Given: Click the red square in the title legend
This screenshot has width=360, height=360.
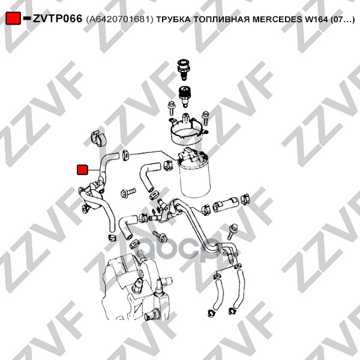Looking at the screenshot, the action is [x=13, y=18].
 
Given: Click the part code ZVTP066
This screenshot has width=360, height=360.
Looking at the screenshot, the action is [x=58, y=19].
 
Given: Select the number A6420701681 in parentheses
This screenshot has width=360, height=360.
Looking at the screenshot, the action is [x=119, y=20].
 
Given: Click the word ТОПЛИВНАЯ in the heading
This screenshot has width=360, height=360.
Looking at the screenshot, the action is [x=222, y=20].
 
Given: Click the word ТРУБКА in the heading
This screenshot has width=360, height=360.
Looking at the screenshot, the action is [x=173, y=20].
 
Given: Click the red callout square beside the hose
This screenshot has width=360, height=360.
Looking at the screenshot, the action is [x=82, y=170].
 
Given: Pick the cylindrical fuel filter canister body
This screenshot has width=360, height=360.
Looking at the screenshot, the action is [x=195, y=179].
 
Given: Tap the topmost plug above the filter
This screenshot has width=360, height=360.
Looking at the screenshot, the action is [x=184, y=70].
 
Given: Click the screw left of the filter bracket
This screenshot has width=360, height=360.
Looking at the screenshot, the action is [x=170, y=107].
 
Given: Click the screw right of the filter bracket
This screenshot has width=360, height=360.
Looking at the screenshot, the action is [x=205, y=118].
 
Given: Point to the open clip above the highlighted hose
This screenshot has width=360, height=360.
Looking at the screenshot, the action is [x=98, y=139].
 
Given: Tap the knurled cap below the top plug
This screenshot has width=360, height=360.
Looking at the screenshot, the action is [x=185, y=96].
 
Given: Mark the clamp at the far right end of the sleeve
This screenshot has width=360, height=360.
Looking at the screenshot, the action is [x=245, y=199].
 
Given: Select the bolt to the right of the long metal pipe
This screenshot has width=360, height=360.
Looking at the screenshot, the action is [x=233, y=232].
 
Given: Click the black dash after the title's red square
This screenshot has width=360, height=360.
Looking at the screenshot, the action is [x=27, y=18].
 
